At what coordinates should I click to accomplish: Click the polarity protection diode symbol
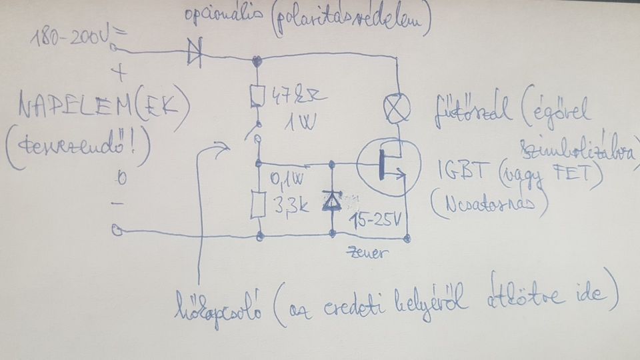click(x=195, y=54)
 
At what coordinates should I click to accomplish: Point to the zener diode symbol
click(x=331, y=201)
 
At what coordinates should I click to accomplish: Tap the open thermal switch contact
click(x=255, y=133)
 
